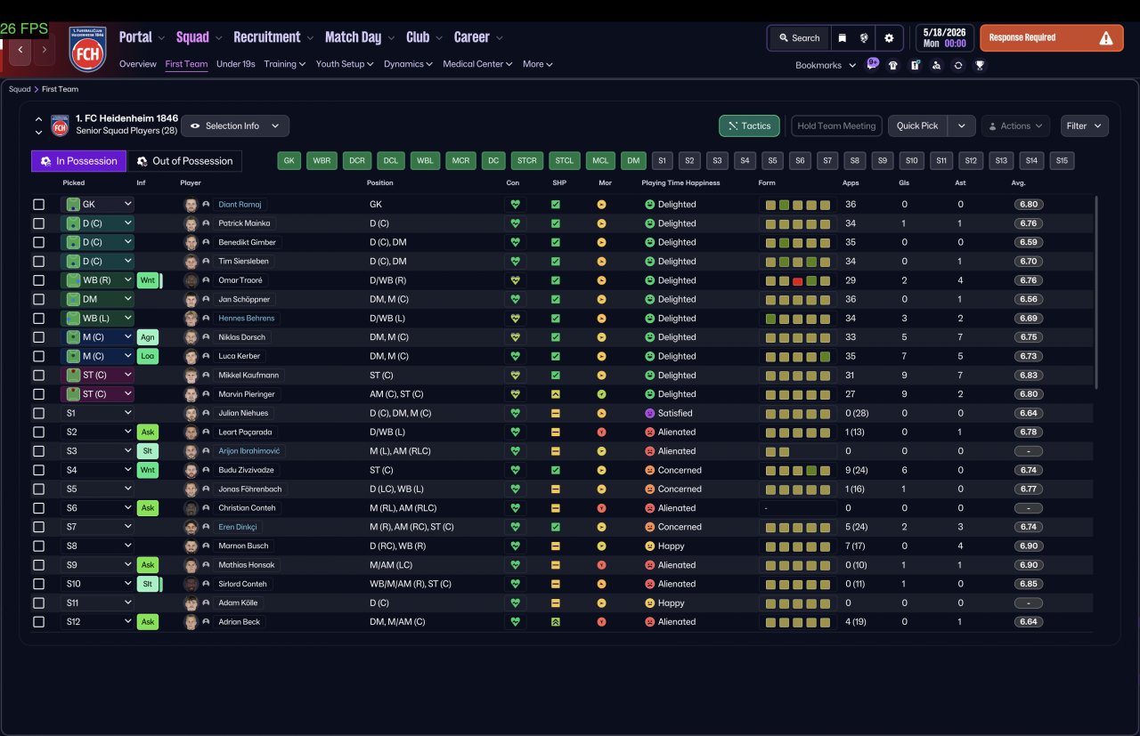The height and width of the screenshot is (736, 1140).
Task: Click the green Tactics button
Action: [749, 126]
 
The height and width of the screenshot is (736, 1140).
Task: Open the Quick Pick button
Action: [917, 126]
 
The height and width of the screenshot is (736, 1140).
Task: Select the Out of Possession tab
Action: [184, 161]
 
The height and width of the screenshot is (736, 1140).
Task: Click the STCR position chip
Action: [526, 161]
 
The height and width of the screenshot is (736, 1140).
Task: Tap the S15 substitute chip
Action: [1062, 161]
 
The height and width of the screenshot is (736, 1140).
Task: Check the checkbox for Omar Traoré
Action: [38, 280]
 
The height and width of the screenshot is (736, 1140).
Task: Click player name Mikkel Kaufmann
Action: [248, 376]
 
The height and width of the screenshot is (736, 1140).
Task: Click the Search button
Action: [799, 38]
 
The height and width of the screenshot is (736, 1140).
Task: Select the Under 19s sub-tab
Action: [236, 64]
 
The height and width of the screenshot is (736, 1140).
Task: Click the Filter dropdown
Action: [1084, 126]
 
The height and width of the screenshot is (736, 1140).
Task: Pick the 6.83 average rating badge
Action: [1028, 376]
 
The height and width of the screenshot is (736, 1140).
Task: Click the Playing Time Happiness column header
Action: [680, 182]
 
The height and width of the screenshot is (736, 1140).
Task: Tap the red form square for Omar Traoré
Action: [797, 280]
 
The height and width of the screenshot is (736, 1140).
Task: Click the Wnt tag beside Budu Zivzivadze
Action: [148, 470]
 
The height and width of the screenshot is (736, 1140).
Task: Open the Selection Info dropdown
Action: [235, 126]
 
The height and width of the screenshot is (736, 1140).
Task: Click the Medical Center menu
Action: [477, 64]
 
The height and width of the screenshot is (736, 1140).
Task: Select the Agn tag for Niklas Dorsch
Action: [148, 337]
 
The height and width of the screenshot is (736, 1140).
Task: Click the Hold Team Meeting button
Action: [836, 126]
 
